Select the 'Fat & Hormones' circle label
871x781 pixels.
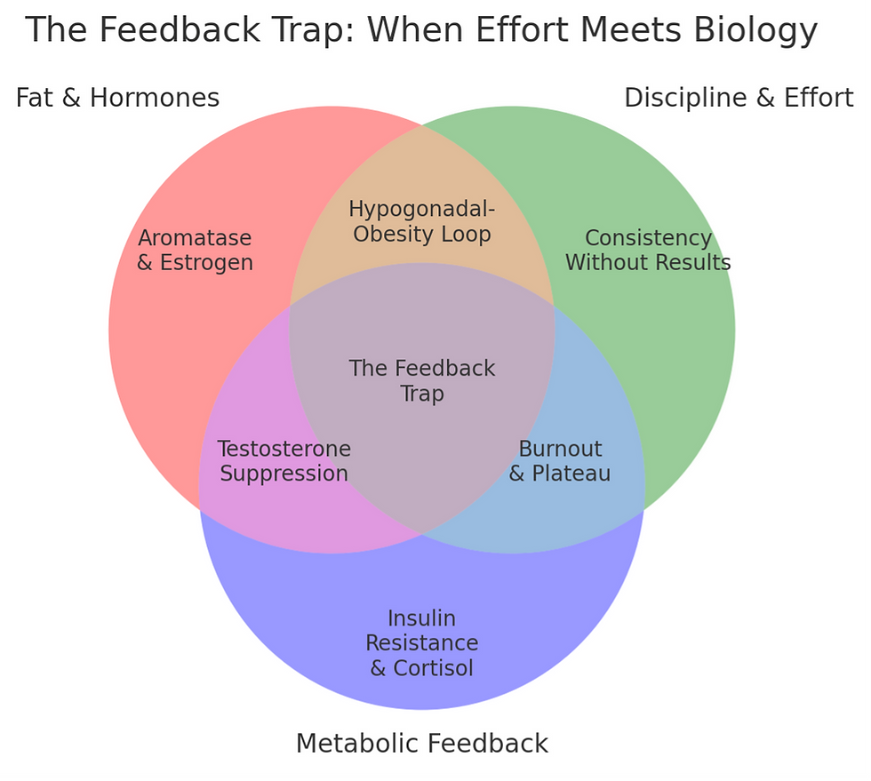coord(117,97)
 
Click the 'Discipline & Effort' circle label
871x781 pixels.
coord(739,97)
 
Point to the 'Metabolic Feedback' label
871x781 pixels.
coord(421,743)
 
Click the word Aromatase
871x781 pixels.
coord(195,239)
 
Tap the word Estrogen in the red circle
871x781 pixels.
coord(206,263)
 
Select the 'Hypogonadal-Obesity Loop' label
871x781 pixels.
coord(421,221)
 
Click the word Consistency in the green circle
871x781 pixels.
coord(648,238)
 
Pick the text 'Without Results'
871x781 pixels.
coord(648,263)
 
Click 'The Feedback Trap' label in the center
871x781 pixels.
coord(421,380)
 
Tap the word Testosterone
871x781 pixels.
coord(284,449)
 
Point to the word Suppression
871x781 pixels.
coord(284,474)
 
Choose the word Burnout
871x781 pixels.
coord(560,449)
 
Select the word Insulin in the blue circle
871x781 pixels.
coord(421,618)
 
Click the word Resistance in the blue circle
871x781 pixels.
coord(421,643)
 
